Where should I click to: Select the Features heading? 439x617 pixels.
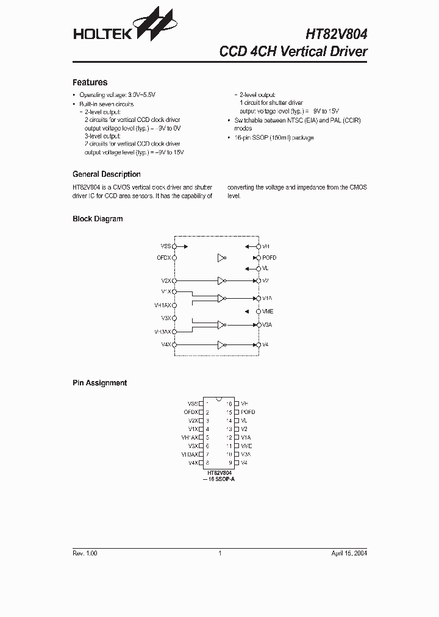click(x=90, y=82)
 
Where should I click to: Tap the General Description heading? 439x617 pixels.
click(x=107, y=174)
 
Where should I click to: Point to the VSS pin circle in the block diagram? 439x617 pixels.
click(x=175, y=246)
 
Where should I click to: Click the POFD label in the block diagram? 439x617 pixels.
click(x=269, y=258)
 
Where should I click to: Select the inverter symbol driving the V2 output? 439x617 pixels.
click(x=222, y=281)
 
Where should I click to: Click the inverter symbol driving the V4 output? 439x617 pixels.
click(x=222, y=345)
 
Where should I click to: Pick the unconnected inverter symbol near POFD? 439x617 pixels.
click(x=222, y=258)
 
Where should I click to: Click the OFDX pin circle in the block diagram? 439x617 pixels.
click(x=175, y=258)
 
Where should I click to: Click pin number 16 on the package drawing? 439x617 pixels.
click(x=229, y=404)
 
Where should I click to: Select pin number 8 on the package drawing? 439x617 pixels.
click(x=208, y=463)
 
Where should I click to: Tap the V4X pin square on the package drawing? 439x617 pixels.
click(x=201, y=463)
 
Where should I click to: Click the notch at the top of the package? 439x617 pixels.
click(x=219, y=400)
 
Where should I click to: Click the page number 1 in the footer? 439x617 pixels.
click(x=220, y=553)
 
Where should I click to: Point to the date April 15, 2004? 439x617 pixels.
click(x=349, y=553)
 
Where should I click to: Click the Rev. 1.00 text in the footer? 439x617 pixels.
click(x=85, y=553)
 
